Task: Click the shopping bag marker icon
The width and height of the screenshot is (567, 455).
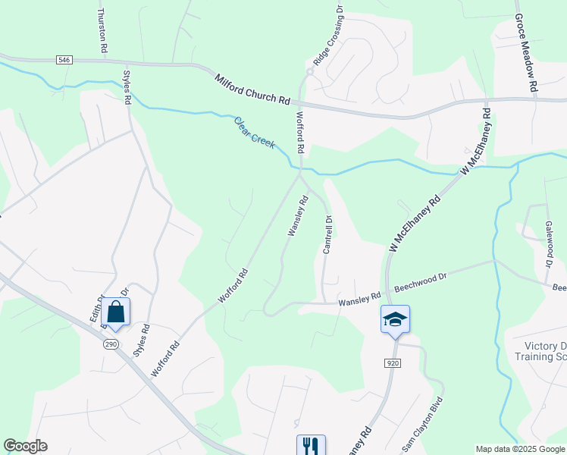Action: point(115,312)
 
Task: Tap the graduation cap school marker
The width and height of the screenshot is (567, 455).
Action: point(395,318)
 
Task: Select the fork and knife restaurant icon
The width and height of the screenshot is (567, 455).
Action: point(311,444)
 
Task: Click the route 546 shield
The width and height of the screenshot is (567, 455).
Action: point(64,59)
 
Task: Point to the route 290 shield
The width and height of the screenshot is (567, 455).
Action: point(111,344)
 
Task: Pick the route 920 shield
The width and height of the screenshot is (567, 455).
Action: point(392,363)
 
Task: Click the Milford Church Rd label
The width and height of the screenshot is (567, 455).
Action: point(252,89)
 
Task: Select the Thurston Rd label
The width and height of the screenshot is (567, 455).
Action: point(102,30)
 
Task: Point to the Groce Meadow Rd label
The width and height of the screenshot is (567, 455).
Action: point(525,52)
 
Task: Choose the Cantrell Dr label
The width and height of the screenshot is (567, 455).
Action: point(328,235)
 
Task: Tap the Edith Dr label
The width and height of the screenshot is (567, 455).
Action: point(96,307)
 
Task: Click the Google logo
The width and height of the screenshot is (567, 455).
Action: point(25,446)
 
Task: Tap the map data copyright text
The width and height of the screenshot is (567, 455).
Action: point(520,449)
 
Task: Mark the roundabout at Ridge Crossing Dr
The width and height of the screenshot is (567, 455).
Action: point(309,72)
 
